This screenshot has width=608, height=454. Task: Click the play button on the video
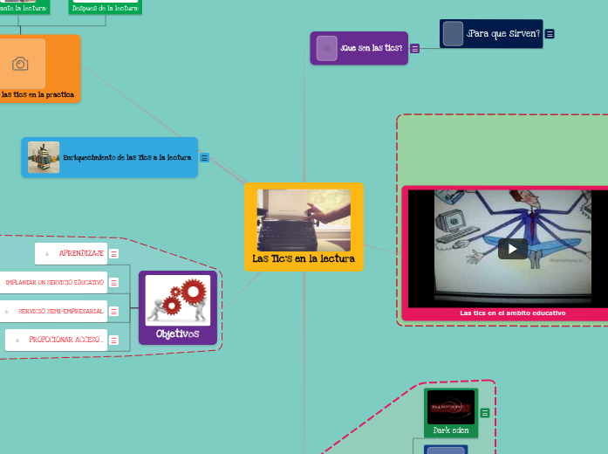click(512, 249)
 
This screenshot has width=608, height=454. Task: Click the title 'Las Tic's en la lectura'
click(304, 258)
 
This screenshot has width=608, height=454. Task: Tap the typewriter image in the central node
click(304, 221)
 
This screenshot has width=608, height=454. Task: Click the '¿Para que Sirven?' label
click(503, 34)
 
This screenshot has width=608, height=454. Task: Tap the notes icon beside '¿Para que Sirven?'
click(550, 34)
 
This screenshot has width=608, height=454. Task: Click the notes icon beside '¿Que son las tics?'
click(414, 48)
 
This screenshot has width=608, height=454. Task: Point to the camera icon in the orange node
click(20, 64)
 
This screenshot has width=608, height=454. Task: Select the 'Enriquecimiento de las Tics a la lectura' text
click(126, 158)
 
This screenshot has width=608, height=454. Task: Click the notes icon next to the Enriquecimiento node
click(204, 158)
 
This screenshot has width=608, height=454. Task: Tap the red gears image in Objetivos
click(178, 299)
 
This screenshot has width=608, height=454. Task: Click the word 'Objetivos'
click(178, 334)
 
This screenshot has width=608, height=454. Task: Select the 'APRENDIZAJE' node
click(81, 253)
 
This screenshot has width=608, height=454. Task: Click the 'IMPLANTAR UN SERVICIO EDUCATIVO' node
click(54, 283)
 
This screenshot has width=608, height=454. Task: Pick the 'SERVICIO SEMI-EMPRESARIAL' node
click(60, 311)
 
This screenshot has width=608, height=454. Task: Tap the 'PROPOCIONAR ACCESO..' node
click(65, 340)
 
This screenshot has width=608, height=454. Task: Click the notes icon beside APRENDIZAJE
click(113, 254)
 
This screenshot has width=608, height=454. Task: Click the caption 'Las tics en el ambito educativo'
click(512, 313)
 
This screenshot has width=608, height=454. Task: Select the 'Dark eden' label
click(450, 430)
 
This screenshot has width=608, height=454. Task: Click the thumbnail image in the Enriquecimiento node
click(44, 157)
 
